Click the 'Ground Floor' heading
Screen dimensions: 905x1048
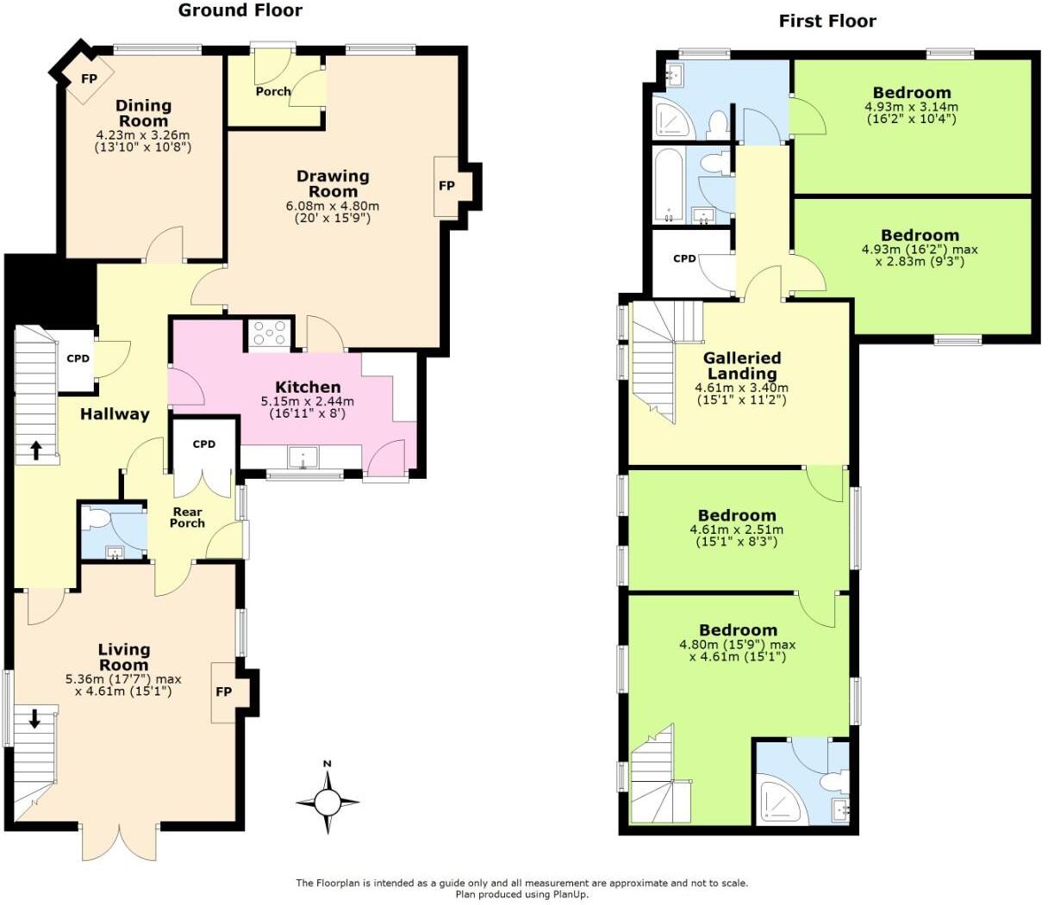(x=240, y=11)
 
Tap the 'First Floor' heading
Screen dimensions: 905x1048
(x=827, y=22)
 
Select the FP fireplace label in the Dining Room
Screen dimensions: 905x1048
(x=89, y=78)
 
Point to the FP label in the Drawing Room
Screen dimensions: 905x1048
(x=446, y=185)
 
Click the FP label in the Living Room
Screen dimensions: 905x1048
(x=223, y=691)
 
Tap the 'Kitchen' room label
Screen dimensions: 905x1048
(x=308, y=387)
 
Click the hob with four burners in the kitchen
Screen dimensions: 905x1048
(x=270, y=334)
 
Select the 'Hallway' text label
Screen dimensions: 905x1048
(x=115, y=414)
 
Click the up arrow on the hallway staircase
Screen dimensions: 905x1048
(x=36, y=449)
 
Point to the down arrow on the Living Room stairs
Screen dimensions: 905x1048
(x=34, y=718)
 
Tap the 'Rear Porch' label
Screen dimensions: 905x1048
(x=187, y=518)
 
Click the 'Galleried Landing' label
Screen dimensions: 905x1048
(x=742, y=366)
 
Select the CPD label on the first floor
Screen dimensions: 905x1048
(x=684, y=258)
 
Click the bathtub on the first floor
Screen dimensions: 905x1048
(x=669, y=184)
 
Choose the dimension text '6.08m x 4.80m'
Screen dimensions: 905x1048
(x=333, y=207)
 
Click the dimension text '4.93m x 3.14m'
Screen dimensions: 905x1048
(x=911, y=107)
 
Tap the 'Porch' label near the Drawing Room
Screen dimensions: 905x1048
(x=272, y=91)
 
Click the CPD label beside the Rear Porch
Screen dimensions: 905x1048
(x=203, y=444)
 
